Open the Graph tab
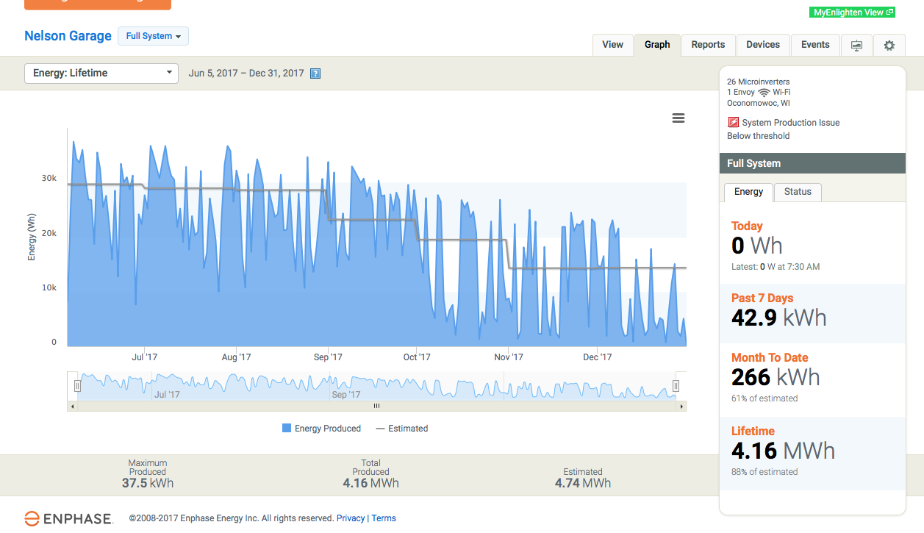(x=657, y=45)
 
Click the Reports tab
(x=708, y=45)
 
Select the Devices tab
(x=763, y=45)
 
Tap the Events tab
(x=815, y=45)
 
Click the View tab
(x=612, y=45)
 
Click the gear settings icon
(x=889, y=46)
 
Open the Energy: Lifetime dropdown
(x=101, y=74)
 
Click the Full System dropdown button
(x=153, y=36)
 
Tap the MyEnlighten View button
(x=853, y=12)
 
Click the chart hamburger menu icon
(x=678, y=118)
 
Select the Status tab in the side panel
(x=798, y=192)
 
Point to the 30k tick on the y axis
(x=49, y=179)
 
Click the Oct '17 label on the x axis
(x=417, y=357)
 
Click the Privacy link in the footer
(x=351, y=518)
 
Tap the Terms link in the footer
(x=384, y=518)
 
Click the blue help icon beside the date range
(x=315, y=74)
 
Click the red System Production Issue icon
(x=733, y=123)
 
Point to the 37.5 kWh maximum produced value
(x=148, y=483)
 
